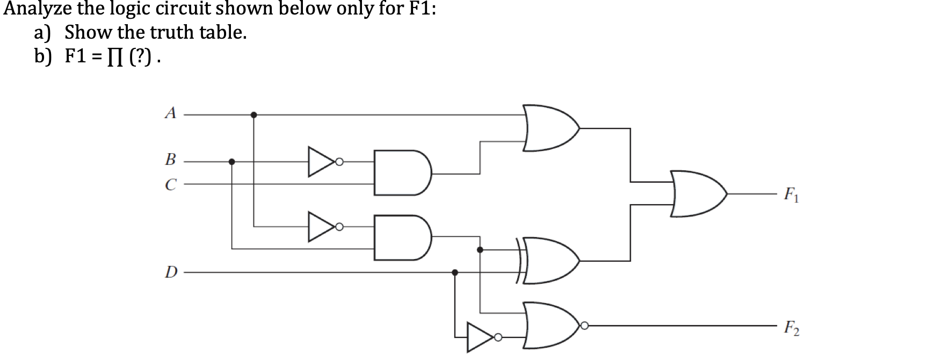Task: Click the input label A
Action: coord(170,113)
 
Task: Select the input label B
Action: coord(170,160)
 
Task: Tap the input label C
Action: coord(170,185)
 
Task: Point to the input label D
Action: coord(170,272)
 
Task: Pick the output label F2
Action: coord(791,327)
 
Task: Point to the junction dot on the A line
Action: coord(253,114)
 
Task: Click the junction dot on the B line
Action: coord(231,161)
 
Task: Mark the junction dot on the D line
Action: coord(455,272)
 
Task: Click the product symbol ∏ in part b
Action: coord(112,57)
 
